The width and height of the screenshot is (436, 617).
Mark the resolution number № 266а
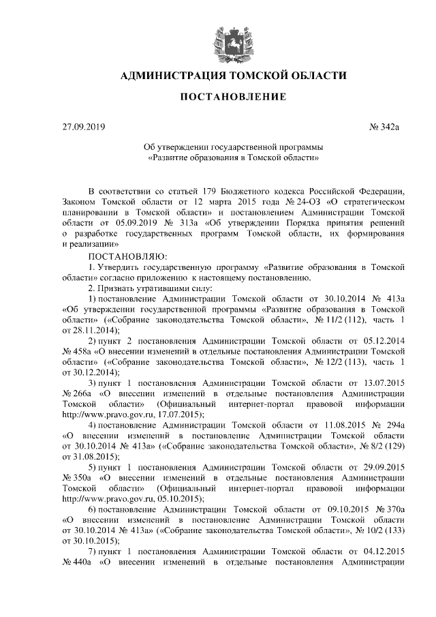pos(77,393)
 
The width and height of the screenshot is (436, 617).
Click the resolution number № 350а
pos(77,478)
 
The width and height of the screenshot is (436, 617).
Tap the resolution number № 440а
pos(77,562)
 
